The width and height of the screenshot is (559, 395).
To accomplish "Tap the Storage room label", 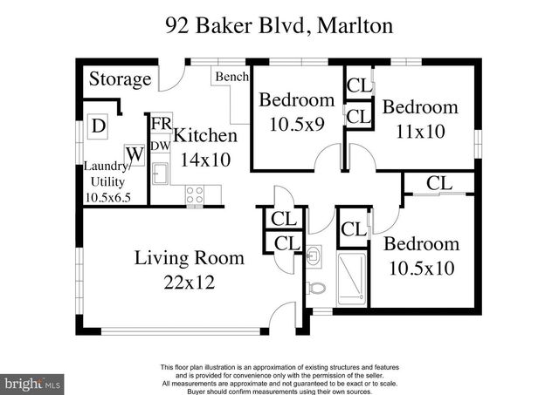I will pos(120,79).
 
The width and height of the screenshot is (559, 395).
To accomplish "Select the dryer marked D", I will pos(100,125).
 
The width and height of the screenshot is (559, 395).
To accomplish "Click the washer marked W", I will pos(135,154).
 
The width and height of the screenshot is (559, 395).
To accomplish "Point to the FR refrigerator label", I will pos(161,125).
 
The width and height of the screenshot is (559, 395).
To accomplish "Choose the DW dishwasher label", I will pos(161,145).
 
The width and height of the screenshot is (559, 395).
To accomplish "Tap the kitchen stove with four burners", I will pos(194,194).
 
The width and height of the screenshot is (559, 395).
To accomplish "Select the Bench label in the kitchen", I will pos(231,77).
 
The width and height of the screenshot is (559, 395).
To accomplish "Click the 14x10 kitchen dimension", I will pos(204,160).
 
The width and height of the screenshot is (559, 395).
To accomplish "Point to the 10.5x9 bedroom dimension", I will pos(297,123).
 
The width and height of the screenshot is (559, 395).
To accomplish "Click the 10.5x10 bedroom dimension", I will pos(420,268).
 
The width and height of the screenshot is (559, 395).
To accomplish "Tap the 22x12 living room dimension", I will pos(189,283).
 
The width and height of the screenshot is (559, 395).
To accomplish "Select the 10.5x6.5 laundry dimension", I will pos(107,198).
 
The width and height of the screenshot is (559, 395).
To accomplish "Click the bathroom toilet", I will pos(318,288).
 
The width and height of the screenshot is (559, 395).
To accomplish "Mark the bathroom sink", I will pos(316,255).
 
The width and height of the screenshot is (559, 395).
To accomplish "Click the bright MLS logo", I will pos(33,383).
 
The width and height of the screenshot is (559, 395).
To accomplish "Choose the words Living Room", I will pos(189,259).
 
